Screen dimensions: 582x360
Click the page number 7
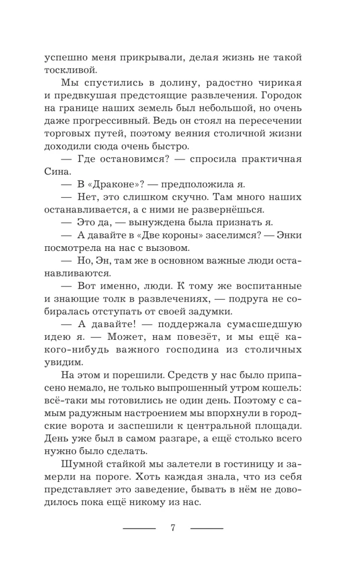(x=173, y=528)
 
